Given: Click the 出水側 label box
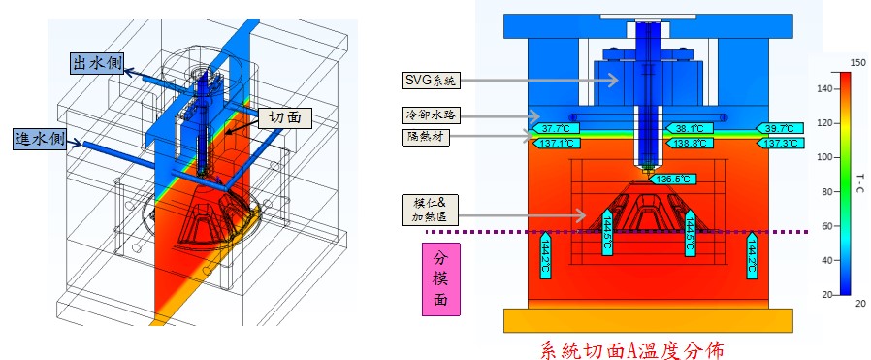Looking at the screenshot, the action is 98,62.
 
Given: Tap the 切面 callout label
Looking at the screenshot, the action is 285,117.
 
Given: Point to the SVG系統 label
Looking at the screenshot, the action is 431,80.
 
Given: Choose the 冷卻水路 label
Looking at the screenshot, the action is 431,116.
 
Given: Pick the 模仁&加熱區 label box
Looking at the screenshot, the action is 431,210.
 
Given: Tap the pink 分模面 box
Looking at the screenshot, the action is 441,278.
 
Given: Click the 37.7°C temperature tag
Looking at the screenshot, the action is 556,128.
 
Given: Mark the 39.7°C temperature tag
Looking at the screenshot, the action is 780,128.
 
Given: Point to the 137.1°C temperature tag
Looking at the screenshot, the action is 556,144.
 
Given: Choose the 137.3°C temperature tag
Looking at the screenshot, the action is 780,144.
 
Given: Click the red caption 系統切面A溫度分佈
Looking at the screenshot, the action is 632,350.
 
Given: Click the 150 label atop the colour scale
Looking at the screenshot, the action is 858,63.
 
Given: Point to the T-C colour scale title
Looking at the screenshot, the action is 859,183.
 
